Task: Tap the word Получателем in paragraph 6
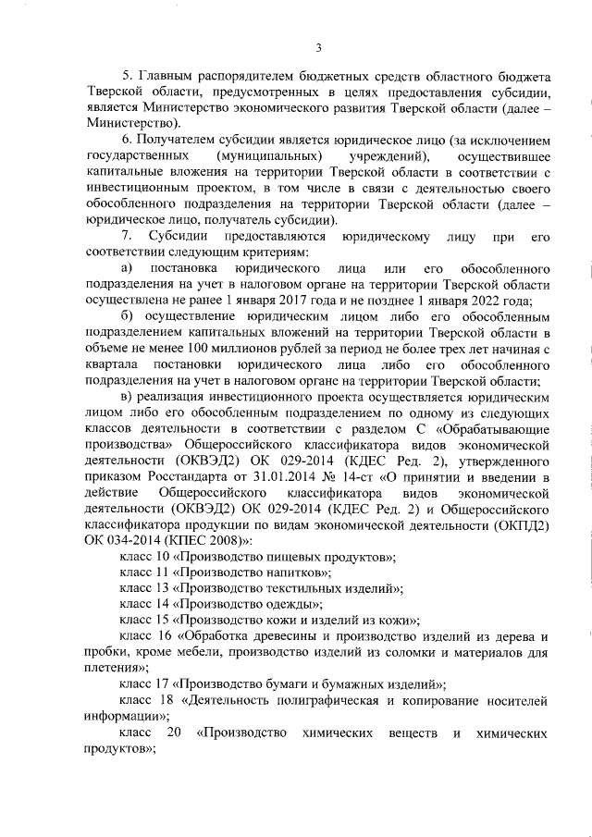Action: pyautogui.click(x=181, y=139)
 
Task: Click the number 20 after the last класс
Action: pyautogui.click(x=173, y=735)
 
